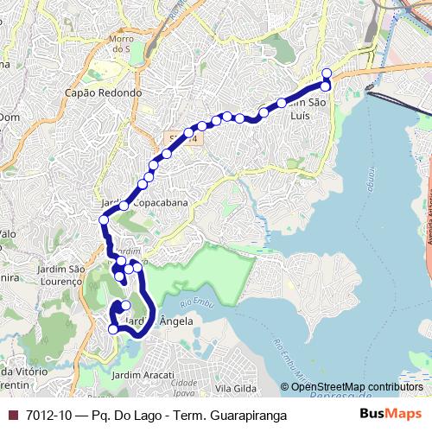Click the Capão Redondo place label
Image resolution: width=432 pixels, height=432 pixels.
pos(103,92)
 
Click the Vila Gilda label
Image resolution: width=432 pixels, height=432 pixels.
pos(235,389)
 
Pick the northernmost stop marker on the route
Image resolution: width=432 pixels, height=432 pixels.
pos(327,73)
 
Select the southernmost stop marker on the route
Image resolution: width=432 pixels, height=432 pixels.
pos(113,329)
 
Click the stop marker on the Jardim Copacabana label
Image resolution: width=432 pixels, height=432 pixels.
pos(124,206)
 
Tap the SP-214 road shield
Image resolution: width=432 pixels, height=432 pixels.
pos(182,137)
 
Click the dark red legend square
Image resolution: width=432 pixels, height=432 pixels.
pos(12,415)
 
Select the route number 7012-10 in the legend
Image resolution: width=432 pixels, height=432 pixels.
pos(50,415)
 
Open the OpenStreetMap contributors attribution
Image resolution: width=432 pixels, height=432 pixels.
pos(356,387)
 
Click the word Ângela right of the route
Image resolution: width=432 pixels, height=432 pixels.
pos(176,321)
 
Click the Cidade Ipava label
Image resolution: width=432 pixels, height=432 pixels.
pos(187,385)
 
